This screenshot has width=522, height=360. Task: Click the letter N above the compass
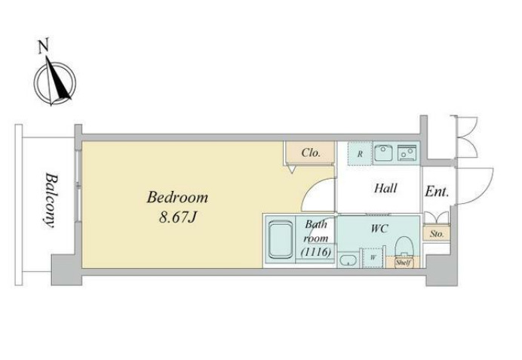tap(43, 46)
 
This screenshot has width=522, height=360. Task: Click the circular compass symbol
tap(55, 82)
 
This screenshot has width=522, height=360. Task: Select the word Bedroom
tap(177, 197)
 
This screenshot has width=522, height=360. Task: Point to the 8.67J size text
tap(178, 217)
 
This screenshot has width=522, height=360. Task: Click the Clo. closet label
tap(311, 153)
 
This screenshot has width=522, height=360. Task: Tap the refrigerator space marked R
tap(360, 154)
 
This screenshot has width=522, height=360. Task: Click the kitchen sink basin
tap(384, 153)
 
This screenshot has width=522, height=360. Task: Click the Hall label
tap(385, 188)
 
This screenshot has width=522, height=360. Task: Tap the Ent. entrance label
tap(437, 192)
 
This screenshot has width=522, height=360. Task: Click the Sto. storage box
tap(437, 233)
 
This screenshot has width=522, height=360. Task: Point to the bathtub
tap(281, 240)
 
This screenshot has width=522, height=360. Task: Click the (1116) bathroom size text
tap(316, 252)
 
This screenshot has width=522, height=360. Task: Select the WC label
tap(379, 229)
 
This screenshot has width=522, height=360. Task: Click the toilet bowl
tap(404, 247)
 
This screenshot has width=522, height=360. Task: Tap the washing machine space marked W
tap(373, 257)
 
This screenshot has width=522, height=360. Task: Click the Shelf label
tap(403, 263)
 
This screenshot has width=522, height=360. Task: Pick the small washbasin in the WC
tap(348, 260)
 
